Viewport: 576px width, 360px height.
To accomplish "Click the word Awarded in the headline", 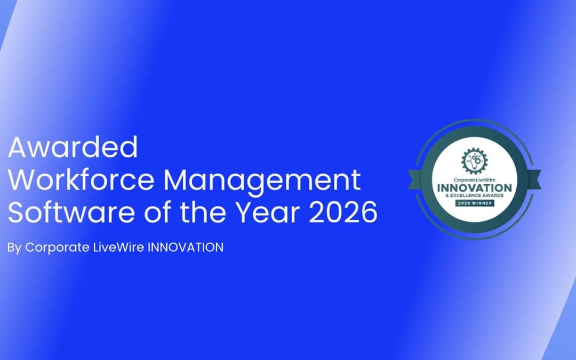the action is [x=73, y=147].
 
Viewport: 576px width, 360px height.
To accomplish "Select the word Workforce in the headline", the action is [x=81, y=180].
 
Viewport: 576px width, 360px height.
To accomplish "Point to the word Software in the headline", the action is [x=71, y=212].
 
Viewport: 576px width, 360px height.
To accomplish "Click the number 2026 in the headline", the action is [x=343, y=212].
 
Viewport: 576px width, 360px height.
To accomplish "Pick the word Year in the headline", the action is [x=267, y=212].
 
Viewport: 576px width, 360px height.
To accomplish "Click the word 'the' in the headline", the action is [x=202, y=212].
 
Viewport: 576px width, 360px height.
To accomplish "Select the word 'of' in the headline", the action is [x=157, y=212].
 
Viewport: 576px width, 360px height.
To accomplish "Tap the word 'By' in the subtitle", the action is [x=14, y=248].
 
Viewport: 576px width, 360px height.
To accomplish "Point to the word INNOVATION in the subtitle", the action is [x=186, y=247].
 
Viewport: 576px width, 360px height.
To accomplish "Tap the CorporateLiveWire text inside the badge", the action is [x=474, y=180].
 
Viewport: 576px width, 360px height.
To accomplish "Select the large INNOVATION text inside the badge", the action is [x=474, y=188].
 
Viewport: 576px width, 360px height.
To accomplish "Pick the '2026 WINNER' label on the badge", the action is [x=475, y=203].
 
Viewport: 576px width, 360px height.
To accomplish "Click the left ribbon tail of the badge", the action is [x=415, y=180].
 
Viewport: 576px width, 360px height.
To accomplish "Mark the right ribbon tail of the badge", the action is [x=534, y=180].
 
